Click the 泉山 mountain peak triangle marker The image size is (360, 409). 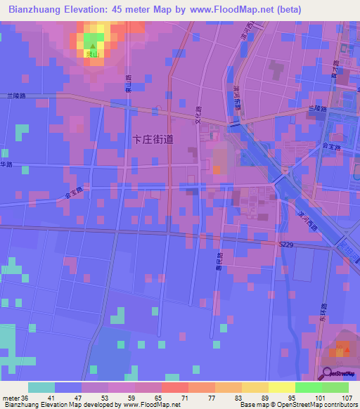(x=91, y=46)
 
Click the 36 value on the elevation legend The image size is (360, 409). (x=26, y=398)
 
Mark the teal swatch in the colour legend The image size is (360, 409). (x=41, y=387)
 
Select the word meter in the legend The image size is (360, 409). (x=11, y=398)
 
